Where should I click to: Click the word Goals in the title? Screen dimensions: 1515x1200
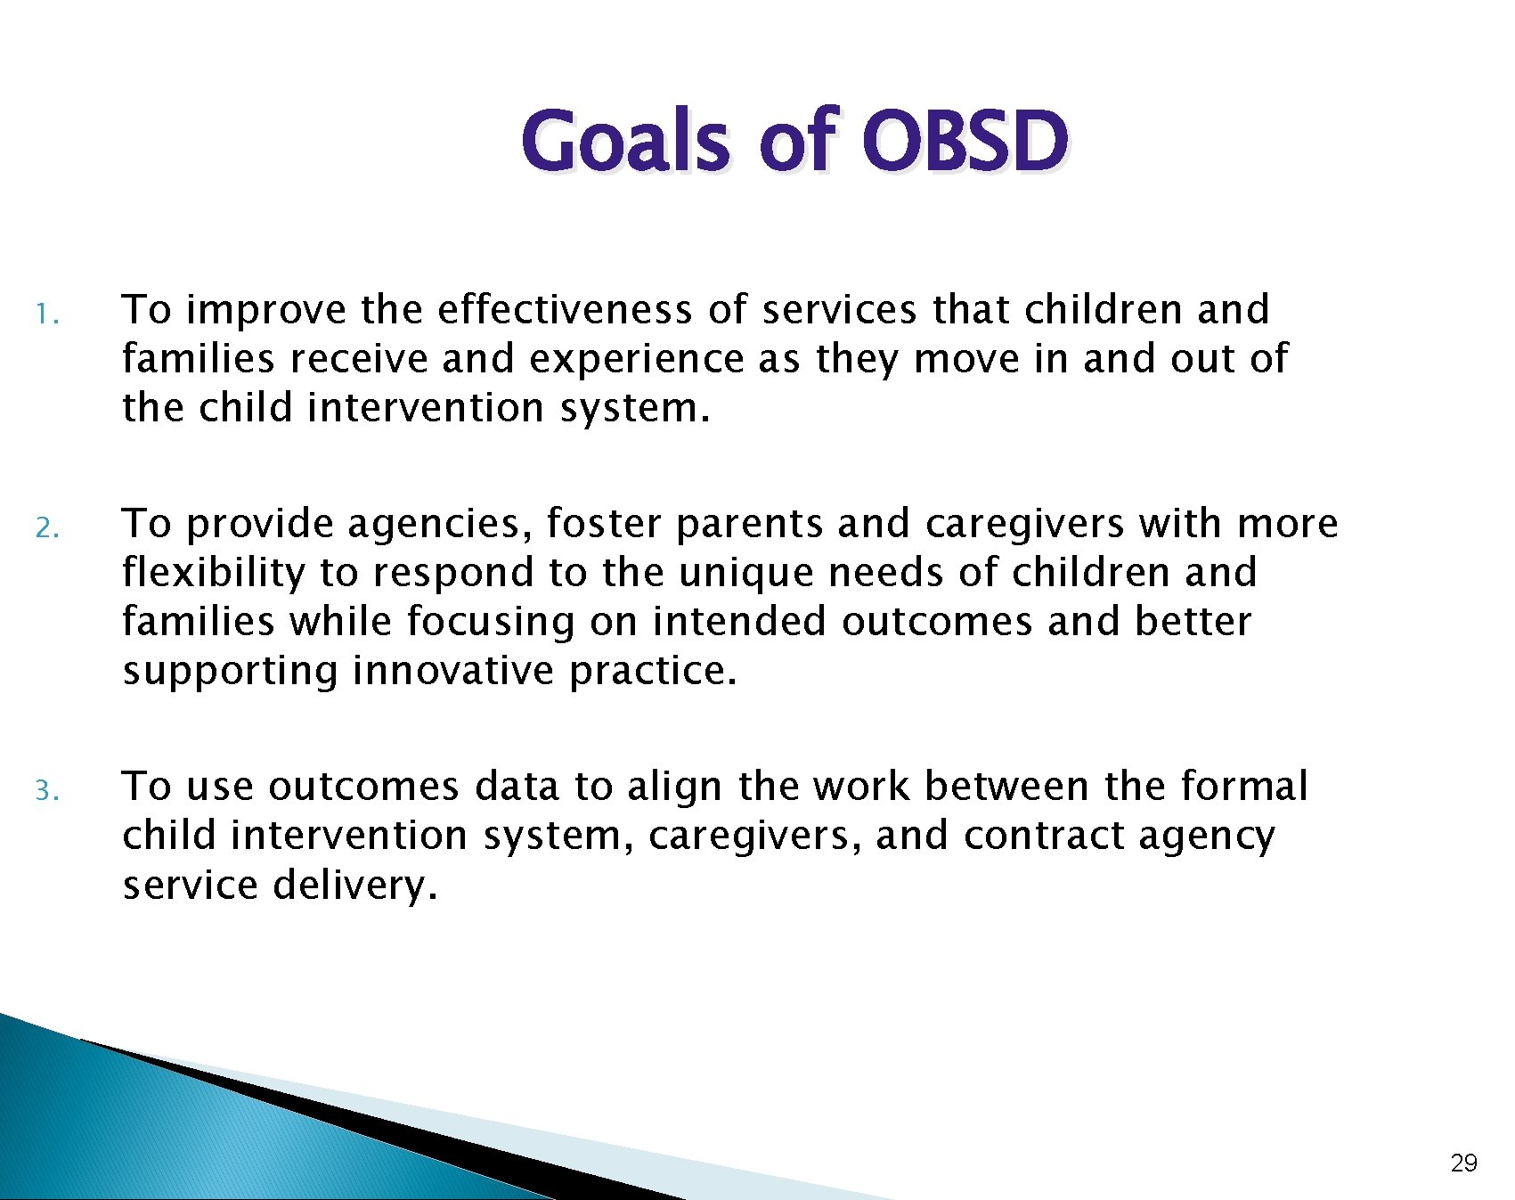point(626,141)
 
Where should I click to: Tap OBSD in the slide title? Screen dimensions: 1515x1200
point(965,141)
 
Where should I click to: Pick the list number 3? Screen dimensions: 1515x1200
point(47,790)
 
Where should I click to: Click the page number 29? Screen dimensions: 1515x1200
point(1464,1163)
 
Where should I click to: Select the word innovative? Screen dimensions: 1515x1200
point(453,670)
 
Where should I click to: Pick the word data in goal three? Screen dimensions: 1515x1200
point(517,786)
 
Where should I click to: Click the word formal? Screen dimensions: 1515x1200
point(1244,786)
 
